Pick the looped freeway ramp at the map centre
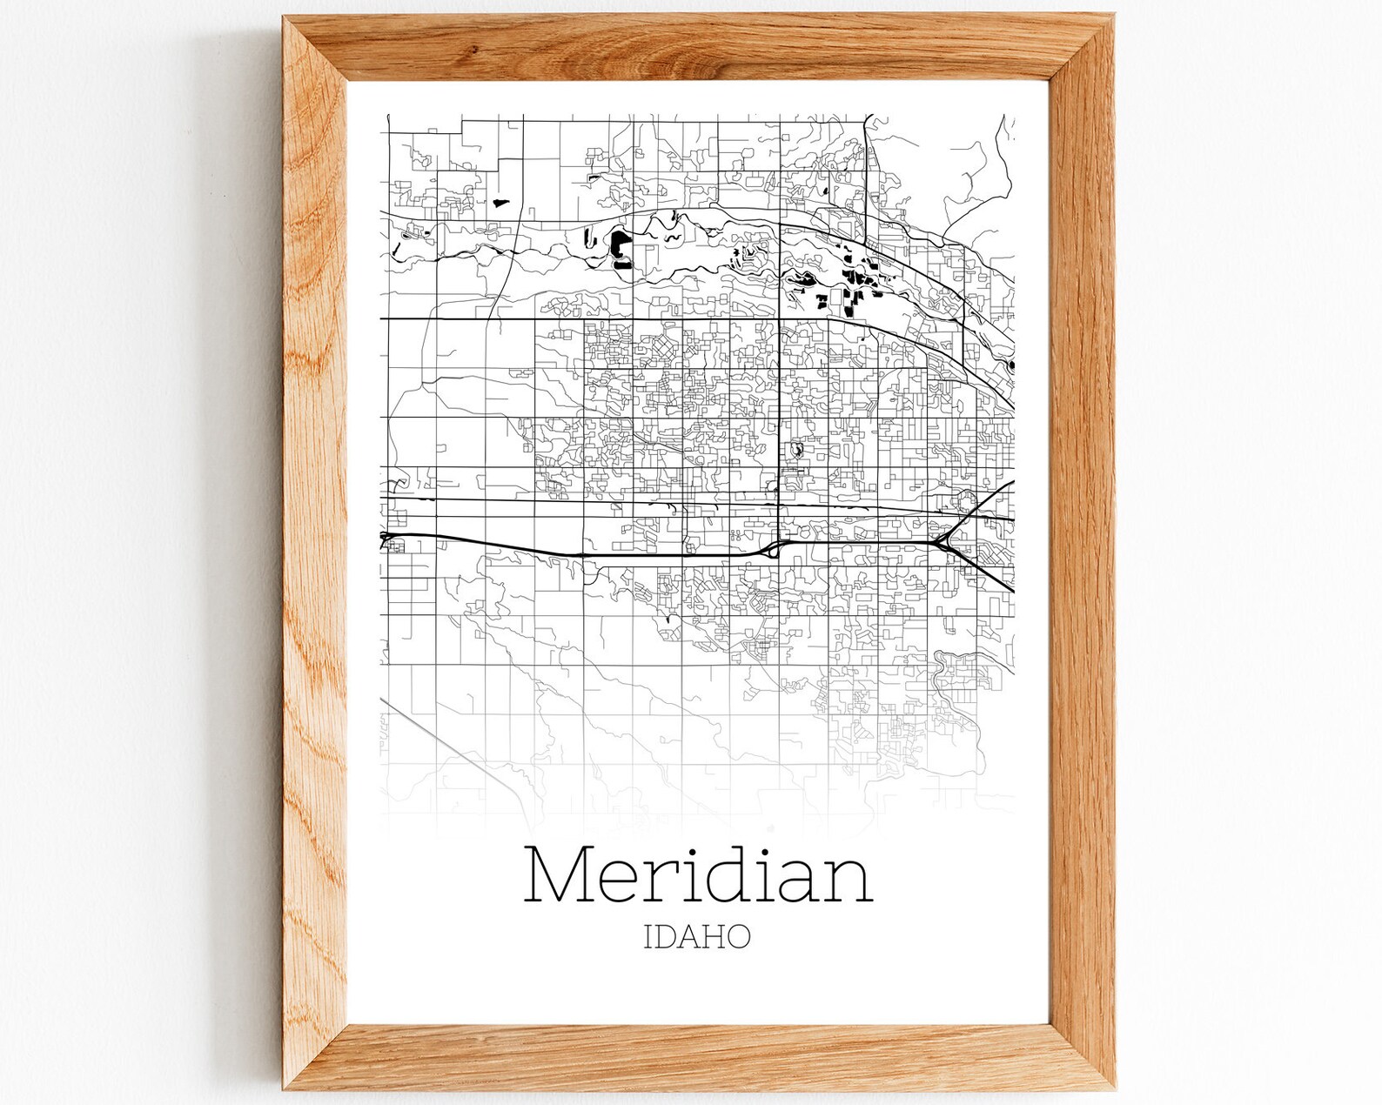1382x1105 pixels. (773, 550)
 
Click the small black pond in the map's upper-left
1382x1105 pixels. (500, 203)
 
